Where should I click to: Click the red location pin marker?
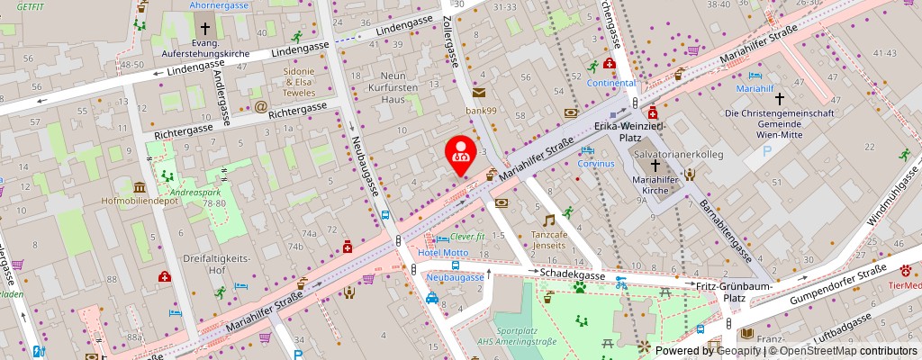point(462,151)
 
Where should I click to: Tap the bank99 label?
point(481,110)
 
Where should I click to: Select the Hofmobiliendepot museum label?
point(140,201)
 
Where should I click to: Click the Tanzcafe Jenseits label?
point(548,238)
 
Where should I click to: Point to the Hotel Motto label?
point(443,253)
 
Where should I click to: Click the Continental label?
point(611,83)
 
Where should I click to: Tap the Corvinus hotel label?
point(596,164)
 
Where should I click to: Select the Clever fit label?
point(467,237)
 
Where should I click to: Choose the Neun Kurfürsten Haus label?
point(393,87)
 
